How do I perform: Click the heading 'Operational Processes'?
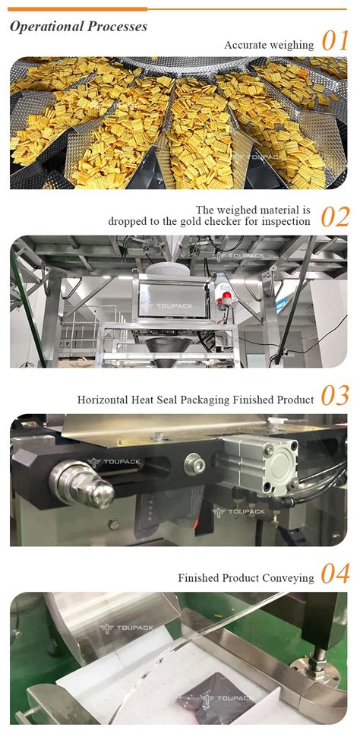pos(79,27)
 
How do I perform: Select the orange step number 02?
pos(335,217)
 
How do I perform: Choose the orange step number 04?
pos(335,574)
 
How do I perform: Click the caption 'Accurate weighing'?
pos(269,46)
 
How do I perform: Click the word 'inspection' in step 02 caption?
pos(283,222)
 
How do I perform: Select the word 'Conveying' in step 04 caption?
pos(289,578)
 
